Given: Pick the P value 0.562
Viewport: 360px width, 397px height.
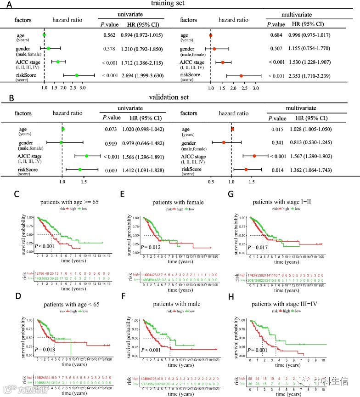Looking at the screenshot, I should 108,35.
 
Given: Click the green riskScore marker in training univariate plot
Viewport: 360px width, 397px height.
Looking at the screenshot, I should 77,75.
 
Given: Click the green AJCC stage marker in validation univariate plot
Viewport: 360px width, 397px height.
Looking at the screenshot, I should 87,156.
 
